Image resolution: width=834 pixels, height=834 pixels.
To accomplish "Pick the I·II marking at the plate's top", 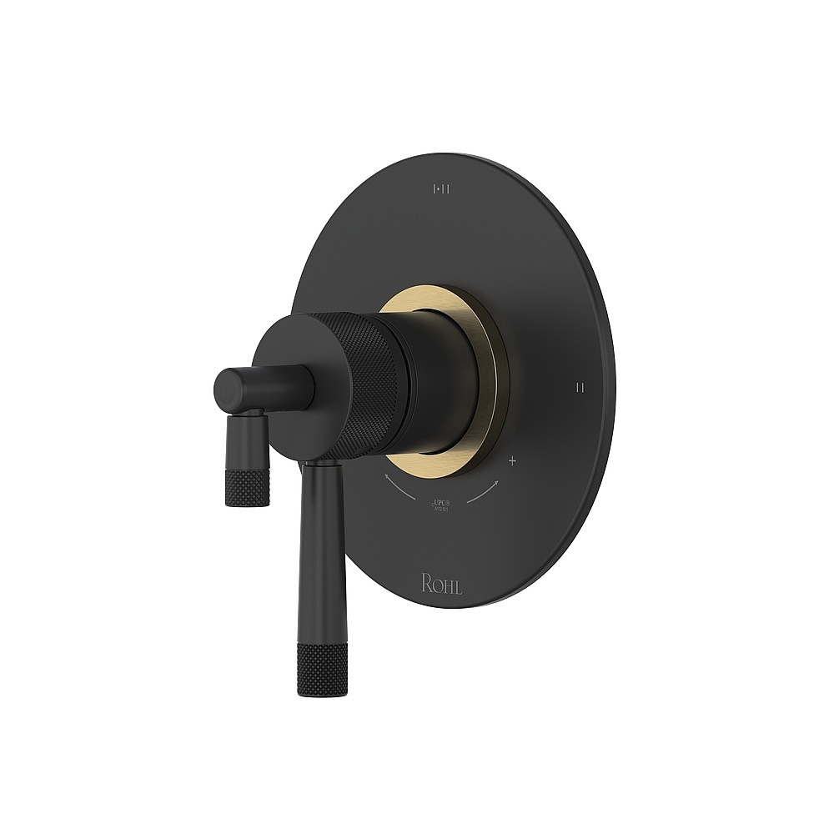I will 442,190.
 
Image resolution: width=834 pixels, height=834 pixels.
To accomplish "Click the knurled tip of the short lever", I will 249,488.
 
